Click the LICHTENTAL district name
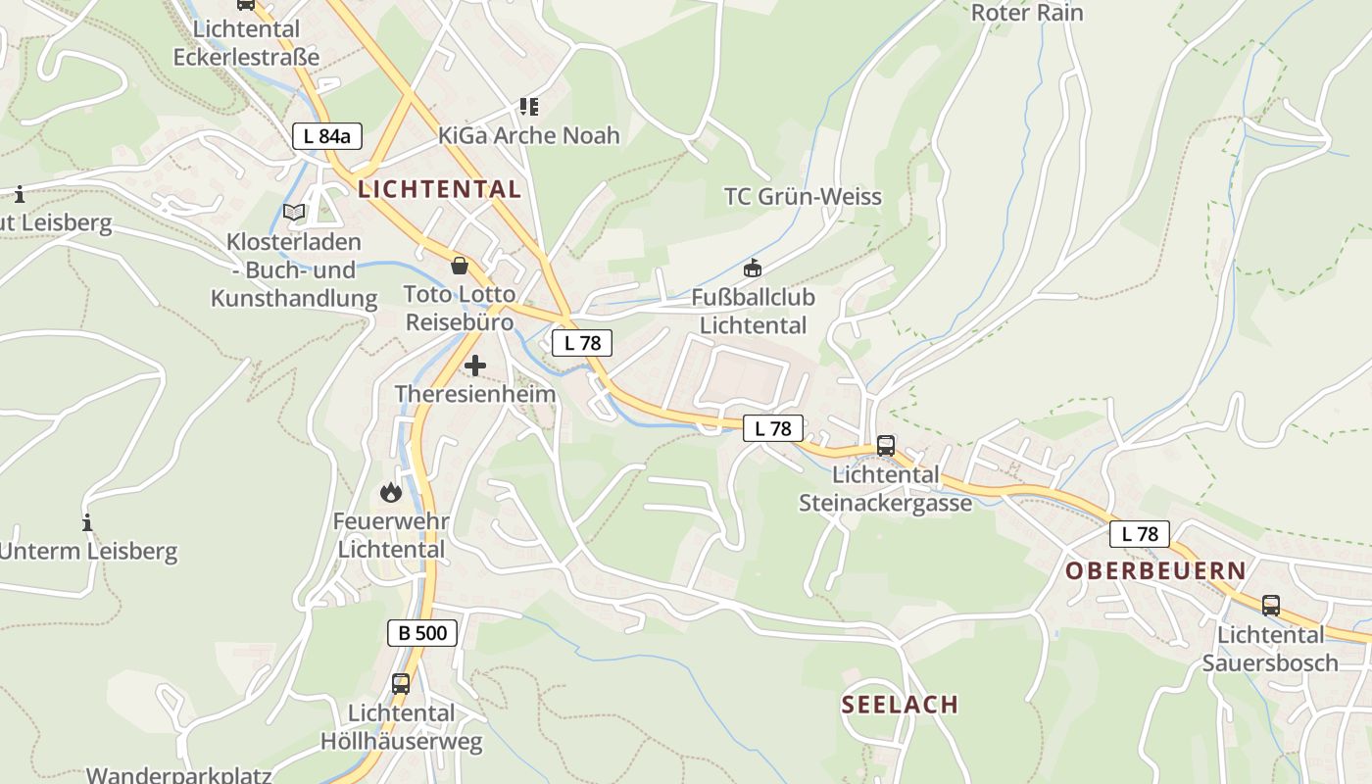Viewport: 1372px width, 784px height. pyautogui.click(x=439, y=189)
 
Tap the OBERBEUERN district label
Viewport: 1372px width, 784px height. pyautogui.click(x=1155, y=570)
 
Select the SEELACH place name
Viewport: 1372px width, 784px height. pyautogui.click(x=900, y=704)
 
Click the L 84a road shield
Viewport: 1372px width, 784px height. pyautogui.click(x=327, y=136)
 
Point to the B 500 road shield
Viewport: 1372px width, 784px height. pyautogui.click(x=422, y=633)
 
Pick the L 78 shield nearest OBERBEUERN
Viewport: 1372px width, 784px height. pyautogui.click(x=1140, y=534)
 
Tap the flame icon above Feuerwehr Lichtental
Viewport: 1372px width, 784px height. pyautogui.click(x=391, y=492)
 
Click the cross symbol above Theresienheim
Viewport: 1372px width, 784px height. pyautogui.click(x=475, y=366)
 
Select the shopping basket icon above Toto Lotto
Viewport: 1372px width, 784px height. pyautogui.click(x=459, y=265)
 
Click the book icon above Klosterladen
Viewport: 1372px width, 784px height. pyautogui.click(x=294, y=212)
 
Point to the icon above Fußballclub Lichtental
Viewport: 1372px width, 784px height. pyautogui.click(x=753, y=267)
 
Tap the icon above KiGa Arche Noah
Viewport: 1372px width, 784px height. pyautogui.click(x=529, y=106)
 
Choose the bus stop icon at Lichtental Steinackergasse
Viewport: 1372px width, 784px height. pyautogui.click(x=886, y=445)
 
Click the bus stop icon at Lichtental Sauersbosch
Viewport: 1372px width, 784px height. pyautogui.click(x=1271, y=605)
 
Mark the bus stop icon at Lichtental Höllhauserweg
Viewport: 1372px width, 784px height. pyautogui.click(x=401, y=683)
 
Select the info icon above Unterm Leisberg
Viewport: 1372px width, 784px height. pyautogui.click(x=87, y=522)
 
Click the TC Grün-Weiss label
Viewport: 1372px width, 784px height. pyautogui.click(x=803, y=197)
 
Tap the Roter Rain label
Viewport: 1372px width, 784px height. pyautogui.click(x=1027, y=13)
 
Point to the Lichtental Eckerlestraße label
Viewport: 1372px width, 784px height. pyautogui.click(x=247, y=43)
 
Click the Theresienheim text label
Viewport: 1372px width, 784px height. pyautogui.click(x=475, y=394)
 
